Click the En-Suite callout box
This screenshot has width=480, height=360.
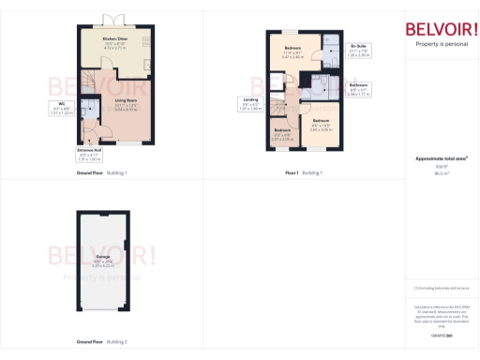pyautogui.click(x=358, y=51)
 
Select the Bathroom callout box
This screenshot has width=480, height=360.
pyautogui.click(x=358, y=90)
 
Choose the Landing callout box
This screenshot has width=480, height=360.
pyautogui.click(x=250, y=105)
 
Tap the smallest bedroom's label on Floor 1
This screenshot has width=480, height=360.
pyautogui.click(x=282, y=134)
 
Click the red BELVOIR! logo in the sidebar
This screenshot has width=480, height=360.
pyautogui.click(x=442, y=28)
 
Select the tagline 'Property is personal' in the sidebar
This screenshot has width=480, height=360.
pyautogui.click(x=442, y=44)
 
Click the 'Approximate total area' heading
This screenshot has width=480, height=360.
pyautogui.click(x=441, y=159)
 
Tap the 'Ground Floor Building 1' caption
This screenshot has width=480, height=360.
pyautogui.click(x=102, y=173)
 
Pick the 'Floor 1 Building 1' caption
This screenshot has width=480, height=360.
pyautogui.click(x=304, y=173)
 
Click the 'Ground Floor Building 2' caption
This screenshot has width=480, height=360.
pyautogui.click(x=102, y=341)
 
